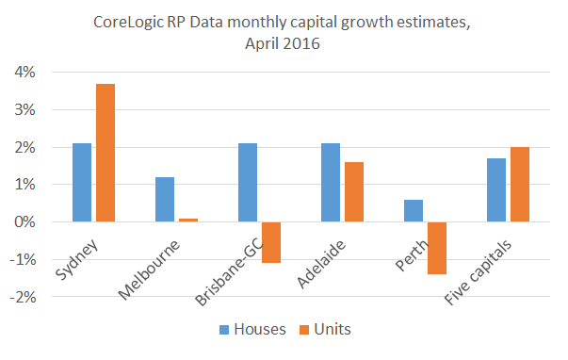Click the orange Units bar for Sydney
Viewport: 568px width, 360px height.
pyautogui.click(x=105, y=153)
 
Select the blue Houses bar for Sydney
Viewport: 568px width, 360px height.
pyautogui.click(x=82, y=183)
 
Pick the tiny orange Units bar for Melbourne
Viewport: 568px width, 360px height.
pyautogui.click(x=187, y=220)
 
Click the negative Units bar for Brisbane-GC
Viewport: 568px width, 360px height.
pyautogui.click(x=271, y=242)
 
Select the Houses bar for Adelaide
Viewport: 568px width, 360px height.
pyautogui.click(x=331, y=183)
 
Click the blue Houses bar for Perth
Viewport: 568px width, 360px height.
pyautogui.click(x=414, y=211)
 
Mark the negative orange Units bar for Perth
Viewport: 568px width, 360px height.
pyautogui.click(x=437, y=248)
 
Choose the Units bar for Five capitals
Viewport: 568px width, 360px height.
pyautogui.click(x=520, y=185)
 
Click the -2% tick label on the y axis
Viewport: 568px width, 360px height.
pyautogui.click(x=24, y=297)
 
